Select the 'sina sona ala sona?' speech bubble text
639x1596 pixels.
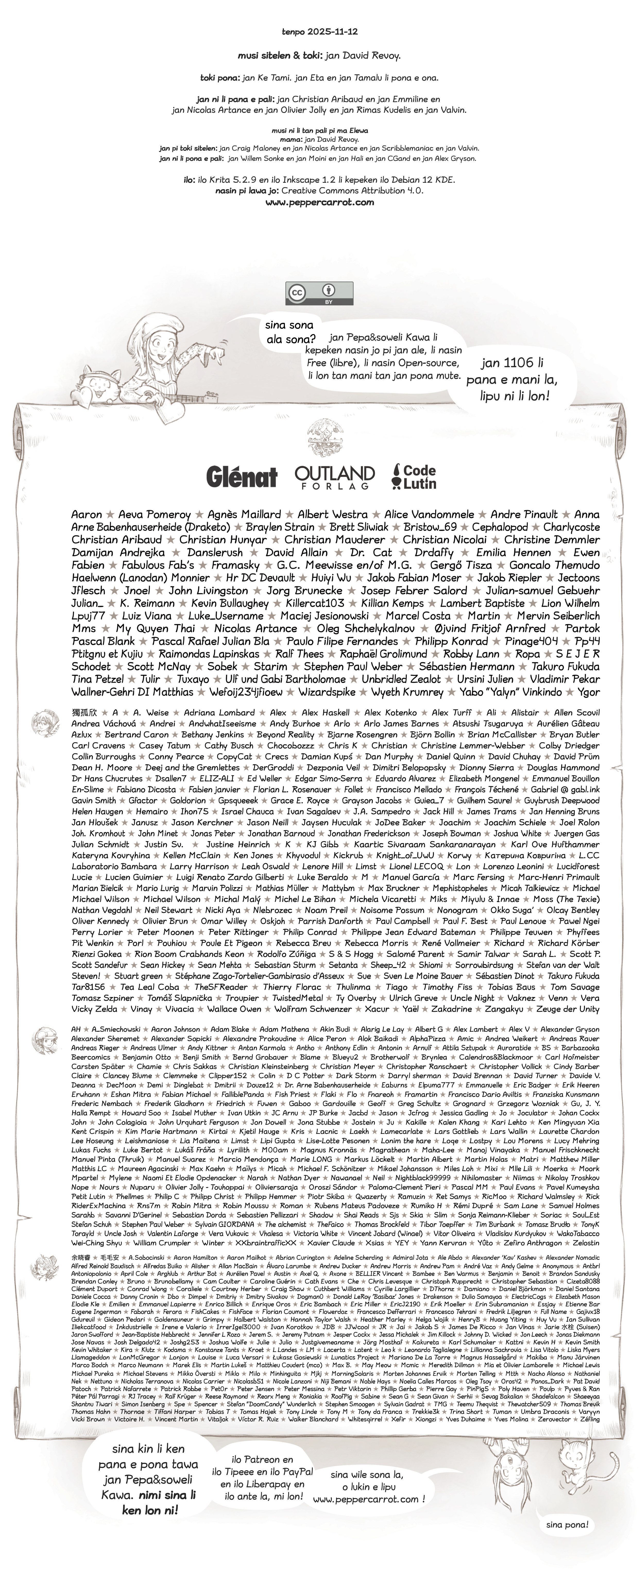[289, 332]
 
